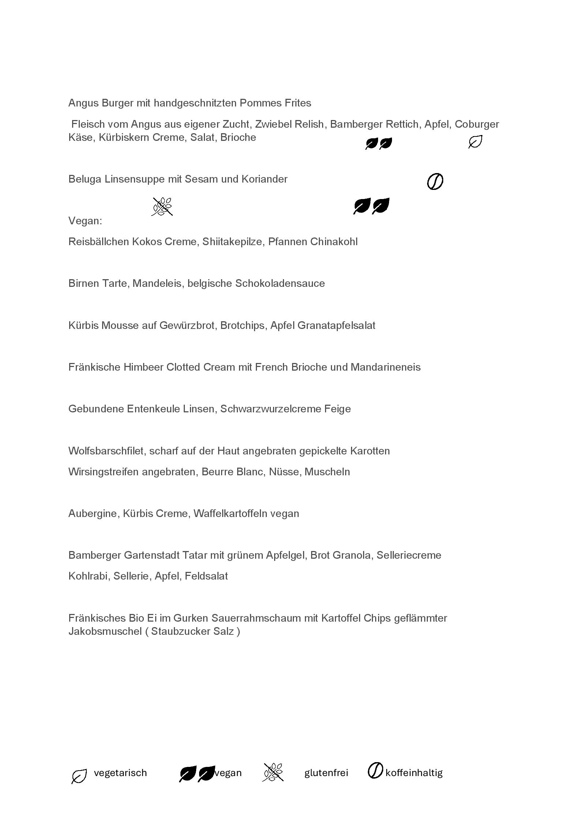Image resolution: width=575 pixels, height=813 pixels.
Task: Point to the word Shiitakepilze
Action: click(x=232, y=242)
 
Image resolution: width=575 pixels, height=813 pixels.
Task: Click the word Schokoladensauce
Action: click(x=280, y=284)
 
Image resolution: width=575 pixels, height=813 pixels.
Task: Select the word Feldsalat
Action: click(x=206, y=576)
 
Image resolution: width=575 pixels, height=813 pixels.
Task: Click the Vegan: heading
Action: click(x=85, y=221)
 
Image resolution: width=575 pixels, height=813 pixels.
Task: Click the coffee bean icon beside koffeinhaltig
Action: click(x=375, y=771)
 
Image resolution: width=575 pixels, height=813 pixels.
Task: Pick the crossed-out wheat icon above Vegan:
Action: click(x=162, y=206)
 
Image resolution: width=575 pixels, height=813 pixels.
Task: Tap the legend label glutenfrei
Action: click(x=326, y=773)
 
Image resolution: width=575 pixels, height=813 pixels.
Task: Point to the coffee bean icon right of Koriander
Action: click(x=435, y=181)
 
